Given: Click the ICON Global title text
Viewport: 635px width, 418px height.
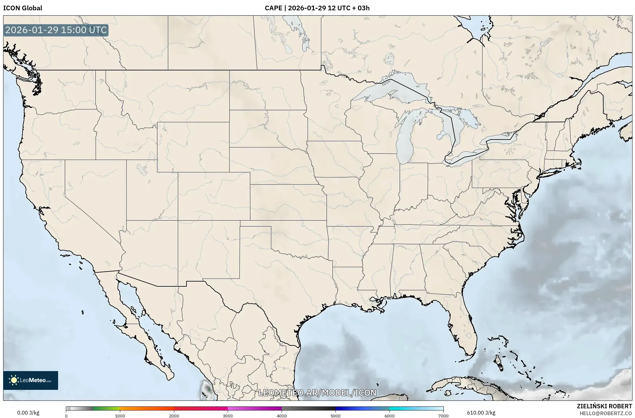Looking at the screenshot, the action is click(x=22, y=8).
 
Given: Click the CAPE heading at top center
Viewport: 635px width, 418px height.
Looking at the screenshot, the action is click(x=317, y=8).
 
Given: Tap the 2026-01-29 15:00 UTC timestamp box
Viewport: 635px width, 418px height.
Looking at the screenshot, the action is click(x=56, y=30).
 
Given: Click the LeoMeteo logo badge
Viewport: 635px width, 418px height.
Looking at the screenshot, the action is click(x=31, y=380).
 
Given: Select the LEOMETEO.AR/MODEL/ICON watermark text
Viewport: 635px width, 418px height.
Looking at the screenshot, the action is click(x=317, y=393).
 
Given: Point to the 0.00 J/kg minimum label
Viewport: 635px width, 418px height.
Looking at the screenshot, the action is click(x=28, y=413).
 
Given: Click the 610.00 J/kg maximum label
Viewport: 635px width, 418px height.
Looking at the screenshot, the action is click(x=481, y=413).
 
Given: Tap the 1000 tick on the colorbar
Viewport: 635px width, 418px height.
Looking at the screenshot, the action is click(x=120, y=416).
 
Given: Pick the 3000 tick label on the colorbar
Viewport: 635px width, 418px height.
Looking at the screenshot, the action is click(x=228, y=416).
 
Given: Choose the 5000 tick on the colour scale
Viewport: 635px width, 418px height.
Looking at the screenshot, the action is click(x=335, y=416).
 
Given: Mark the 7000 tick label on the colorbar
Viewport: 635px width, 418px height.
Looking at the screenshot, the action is click(x=443, y=416).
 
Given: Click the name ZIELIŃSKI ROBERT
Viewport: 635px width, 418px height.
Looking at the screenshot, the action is click(x=604, y=406).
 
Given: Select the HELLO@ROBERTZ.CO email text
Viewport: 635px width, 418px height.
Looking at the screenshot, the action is click(x=606, y=413).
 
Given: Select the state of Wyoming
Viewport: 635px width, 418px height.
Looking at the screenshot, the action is click(x=193, y=147).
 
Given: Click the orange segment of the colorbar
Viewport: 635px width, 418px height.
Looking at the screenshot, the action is click(x=147, y=408).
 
